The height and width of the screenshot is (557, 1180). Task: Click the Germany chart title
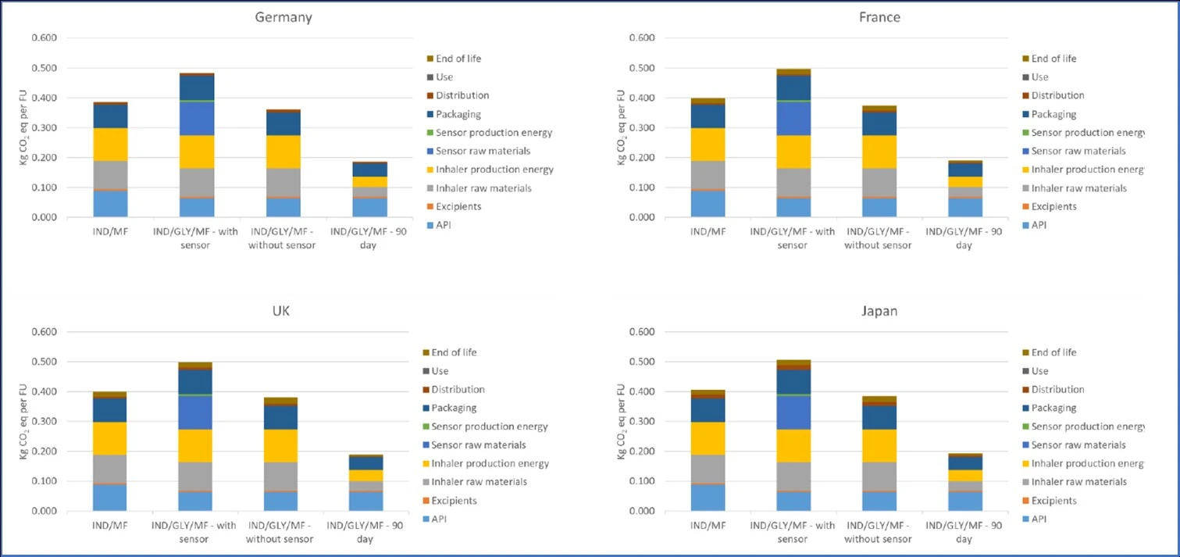(284, 17)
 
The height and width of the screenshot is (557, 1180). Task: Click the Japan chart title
(879, 311)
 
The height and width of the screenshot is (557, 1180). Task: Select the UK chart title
(284, 311)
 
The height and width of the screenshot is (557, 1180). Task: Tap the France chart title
(879, 17)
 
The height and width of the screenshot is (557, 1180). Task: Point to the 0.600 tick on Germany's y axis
(44, 38)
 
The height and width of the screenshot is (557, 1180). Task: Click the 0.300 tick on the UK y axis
(44, 422)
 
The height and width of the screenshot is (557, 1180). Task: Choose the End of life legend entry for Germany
(458, 59)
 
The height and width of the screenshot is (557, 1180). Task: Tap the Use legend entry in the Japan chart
(1039, 371)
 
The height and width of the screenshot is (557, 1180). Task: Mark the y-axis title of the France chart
(621, 127)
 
